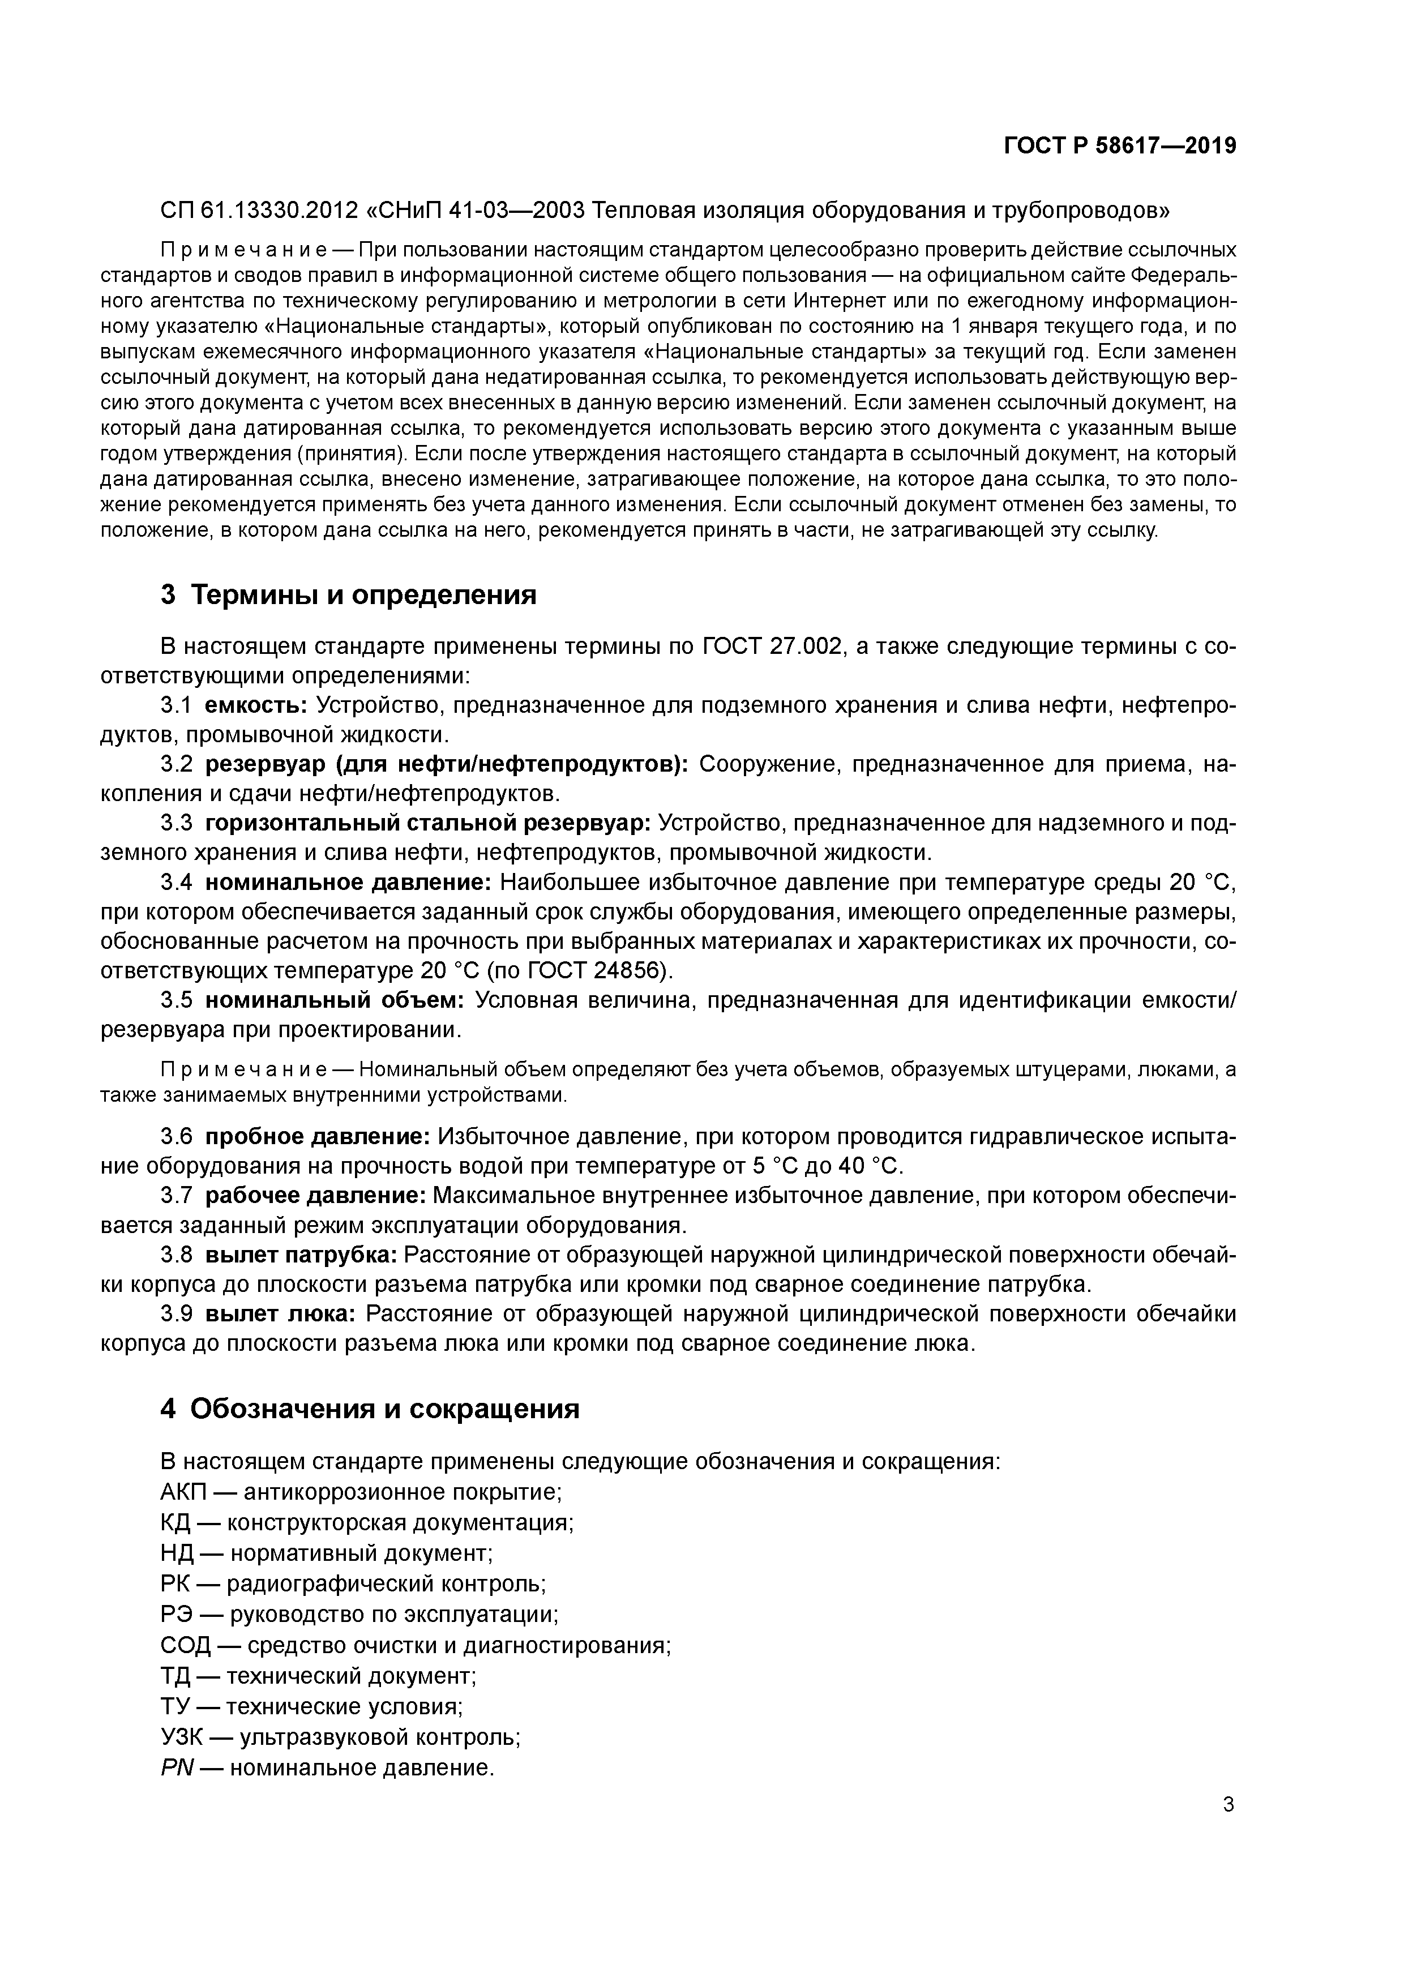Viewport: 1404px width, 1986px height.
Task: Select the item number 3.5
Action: pos(175,1001)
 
